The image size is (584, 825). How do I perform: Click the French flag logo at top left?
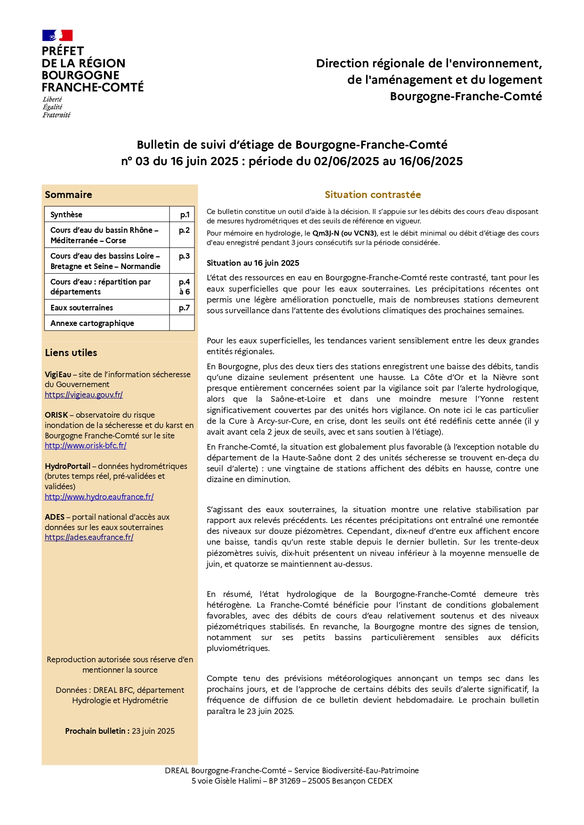(57, 35)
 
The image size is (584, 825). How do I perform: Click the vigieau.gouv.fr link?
(84, 395)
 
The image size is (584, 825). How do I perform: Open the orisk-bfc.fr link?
(86, 445)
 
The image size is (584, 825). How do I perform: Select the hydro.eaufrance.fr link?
(99, 497)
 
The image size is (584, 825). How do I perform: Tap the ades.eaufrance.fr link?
(89, 537)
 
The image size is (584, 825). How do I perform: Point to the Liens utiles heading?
(71, 353)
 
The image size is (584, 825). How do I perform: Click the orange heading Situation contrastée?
(373, 195)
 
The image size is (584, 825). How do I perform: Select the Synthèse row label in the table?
(66, 214)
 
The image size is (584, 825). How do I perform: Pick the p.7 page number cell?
(184, 308)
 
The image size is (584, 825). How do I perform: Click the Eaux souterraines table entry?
(82, 308)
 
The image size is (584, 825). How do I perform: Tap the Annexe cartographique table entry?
(92, 323)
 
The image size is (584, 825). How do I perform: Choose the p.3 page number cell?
(184, 256)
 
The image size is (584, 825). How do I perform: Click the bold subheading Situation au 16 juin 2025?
(253, 263)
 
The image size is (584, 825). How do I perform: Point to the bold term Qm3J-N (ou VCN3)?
(344, 233)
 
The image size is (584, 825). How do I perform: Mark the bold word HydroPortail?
(68, 466)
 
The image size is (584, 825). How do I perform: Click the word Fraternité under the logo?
(56, 115)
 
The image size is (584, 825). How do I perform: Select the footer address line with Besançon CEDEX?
(292, 781)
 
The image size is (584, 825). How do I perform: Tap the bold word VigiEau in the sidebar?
(58, 374)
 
